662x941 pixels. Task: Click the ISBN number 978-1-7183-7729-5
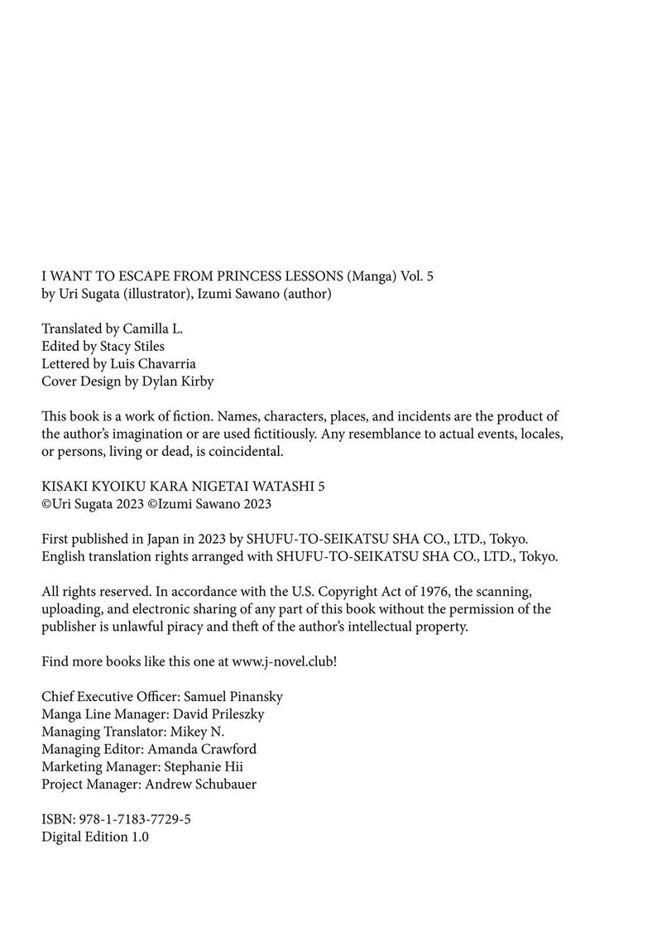[x=135, y=819]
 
